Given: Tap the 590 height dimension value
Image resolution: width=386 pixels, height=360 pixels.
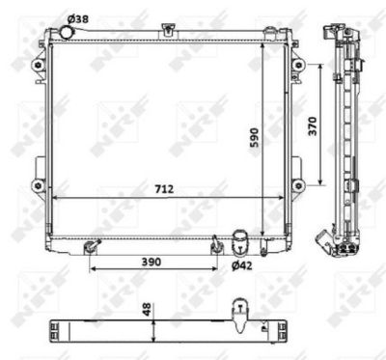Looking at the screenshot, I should (255, 139).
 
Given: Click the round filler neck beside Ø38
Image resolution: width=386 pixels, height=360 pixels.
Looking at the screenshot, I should (66, 32).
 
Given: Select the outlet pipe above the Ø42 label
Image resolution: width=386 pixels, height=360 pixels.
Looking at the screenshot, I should (239, 238).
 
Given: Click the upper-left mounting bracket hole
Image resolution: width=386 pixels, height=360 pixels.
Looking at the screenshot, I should (38, 66).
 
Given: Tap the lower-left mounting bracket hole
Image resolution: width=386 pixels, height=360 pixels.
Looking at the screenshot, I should (38, 184).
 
